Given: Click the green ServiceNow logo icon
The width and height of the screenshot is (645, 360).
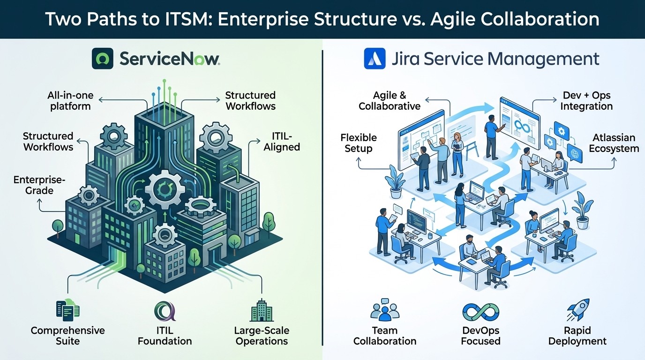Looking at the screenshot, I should click(103, 60).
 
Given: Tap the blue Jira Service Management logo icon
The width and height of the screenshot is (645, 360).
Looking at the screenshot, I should click(375, 60).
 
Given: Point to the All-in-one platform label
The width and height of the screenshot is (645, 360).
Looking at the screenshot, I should click(70, 101).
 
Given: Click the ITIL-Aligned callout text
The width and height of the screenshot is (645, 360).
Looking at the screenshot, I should click(282, 141).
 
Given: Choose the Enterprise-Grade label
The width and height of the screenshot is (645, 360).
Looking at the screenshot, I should click(33, 185).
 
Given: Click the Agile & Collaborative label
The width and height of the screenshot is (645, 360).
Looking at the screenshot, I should click(390, 101).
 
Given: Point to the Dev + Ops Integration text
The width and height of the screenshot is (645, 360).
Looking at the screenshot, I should click(586, 101).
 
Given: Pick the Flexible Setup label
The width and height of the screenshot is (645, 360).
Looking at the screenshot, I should click(359, 143).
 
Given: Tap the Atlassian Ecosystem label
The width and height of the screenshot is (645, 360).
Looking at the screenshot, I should click(614, 143).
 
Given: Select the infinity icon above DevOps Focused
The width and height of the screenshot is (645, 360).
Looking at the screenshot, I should click(480, 312).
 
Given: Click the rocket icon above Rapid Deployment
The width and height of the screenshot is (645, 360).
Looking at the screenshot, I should click(577, 311).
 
